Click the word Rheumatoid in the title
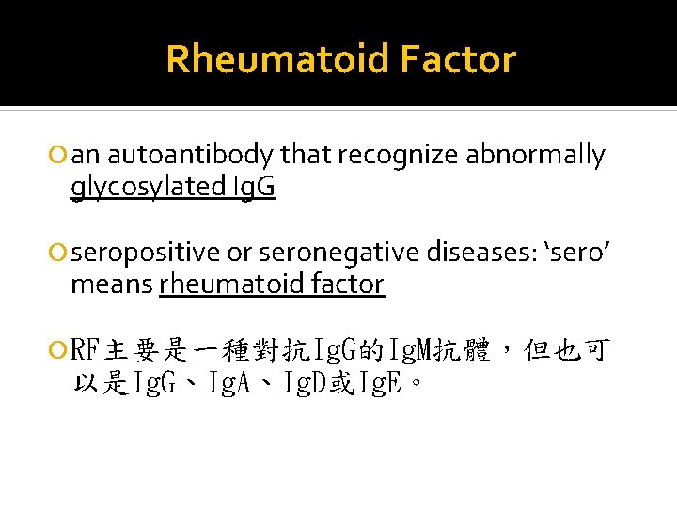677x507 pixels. point(276,59)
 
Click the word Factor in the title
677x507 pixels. point(457,59)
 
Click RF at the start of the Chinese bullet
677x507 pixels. point(86,352)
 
